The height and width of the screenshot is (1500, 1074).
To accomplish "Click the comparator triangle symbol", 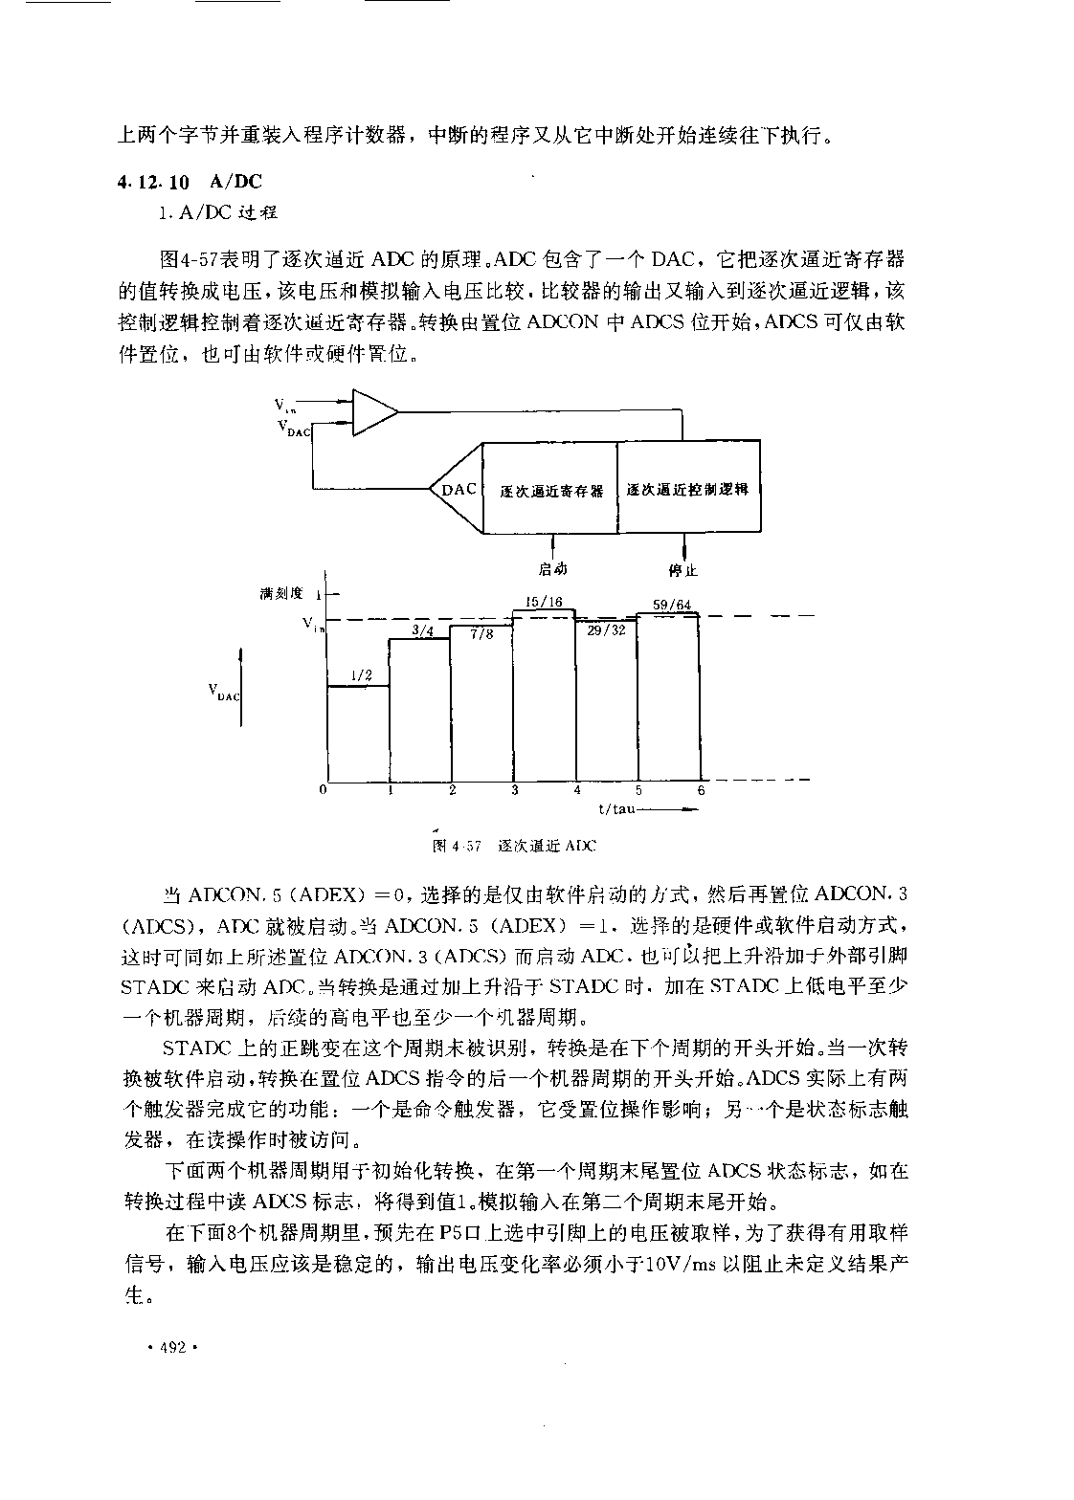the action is click(374, 411).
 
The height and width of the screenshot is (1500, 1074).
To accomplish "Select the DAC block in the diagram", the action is click(457, 488).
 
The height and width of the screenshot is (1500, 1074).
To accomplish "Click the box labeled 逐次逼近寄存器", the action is click(550, 488).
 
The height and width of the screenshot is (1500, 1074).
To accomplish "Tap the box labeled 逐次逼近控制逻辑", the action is click(689, 487).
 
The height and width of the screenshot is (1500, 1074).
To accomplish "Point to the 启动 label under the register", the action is click(552, 568).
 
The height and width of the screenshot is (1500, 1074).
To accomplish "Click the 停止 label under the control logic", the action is click(682, 570).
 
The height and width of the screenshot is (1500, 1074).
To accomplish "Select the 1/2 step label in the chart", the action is click(361, 675).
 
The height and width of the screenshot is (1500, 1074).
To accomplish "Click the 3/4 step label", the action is click(422, 630).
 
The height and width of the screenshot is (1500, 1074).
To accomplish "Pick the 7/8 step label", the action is click(481, 633).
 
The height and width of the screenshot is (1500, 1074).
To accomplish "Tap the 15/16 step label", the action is click(544, 602).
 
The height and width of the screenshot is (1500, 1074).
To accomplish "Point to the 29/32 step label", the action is click(606, 630).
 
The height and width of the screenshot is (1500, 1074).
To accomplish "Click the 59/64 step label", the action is click(672, 605).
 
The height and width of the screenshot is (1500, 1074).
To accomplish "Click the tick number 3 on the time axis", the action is click(515, 790).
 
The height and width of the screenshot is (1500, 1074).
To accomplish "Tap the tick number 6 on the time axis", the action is click(702, 790).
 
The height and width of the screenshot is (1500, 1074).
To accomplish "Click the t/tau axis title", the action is click(616, 809).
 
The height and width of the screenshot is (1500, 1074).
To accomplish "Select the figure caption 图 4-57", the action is click(457, 846).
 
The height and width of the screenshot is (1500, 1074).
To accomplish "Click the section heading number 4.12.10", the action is click(153, 182).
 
